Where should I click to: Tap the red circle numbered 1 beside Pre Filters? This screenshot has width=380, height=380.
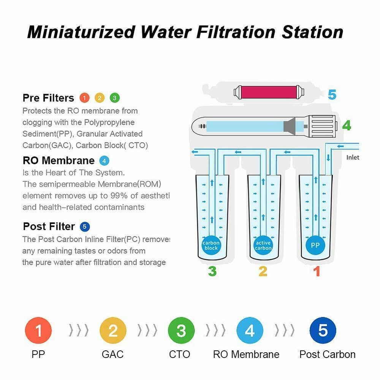(84, 98)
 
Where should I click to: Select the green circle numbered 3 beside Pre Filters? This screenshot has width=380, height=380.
(114, 98)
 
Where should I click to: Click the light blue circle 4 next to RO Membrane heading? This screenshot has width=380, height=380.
(104, 160)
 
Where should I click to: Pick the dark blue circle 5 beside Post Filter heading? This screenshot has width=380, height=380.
(85, 227)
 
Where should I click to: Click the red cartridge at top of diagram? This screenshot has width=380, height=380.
(270, 92)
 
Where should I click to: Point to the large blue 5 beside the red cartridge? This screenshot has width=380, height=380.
(332, 94)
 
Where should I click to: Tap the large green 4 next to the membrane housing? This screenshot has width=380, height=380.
(346, 126)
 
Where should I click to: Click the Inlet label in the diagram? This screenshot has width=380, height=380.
(353, 157)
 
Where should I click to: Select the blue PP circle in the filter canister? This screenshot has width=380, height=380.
(315, 245)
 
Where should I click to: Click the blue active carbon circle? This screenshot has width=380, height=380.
(263, 245)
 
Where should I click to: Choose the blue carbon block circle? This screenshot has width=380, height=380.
(211, 245)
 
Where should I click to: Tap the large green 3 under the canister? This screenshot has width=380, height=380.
(212, 271)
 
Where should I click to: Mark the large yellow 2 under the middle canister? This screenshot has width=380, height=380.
(263, 271)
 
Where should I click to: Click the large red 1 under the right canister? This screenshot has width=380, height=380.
(316, 271)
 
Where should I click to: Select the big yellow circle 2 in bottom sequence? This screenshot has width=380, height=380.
(113, 331)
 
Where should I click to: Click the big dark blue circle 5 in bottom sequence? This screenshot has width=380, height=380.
(323, 331)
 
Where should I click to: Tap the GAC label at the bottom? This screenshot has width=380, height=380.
(112, 355)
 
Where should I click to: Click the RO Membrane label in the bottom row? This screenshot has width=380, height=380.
(246, 355)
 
